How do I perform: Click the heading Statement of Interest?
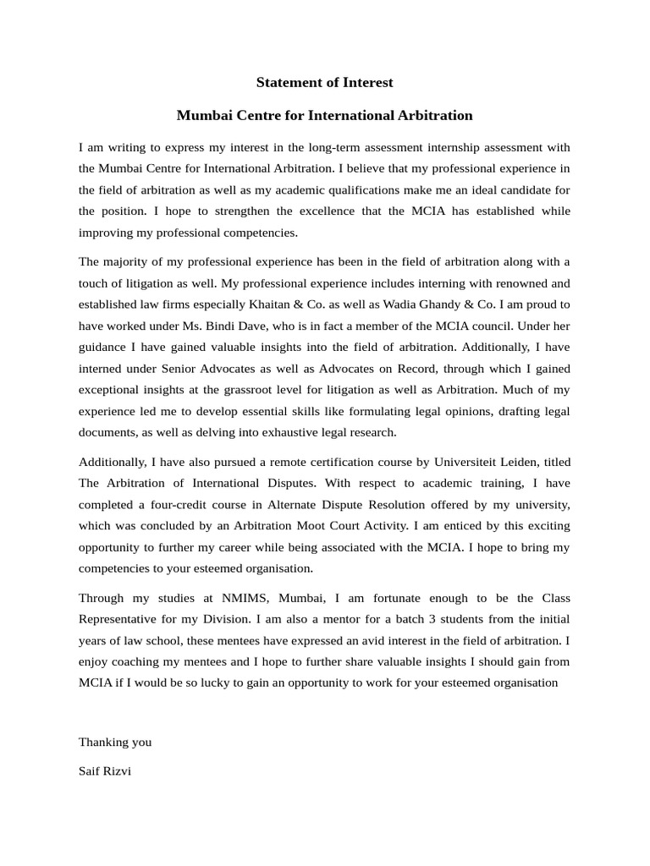click(x=325, y=82)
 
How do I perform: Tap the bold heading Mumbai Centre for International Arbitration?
click(x=324, y=115)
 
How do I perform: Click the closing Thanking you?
click(x=115, y=742)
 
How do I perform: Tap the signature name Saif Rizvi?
click(x=105, y=771)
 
